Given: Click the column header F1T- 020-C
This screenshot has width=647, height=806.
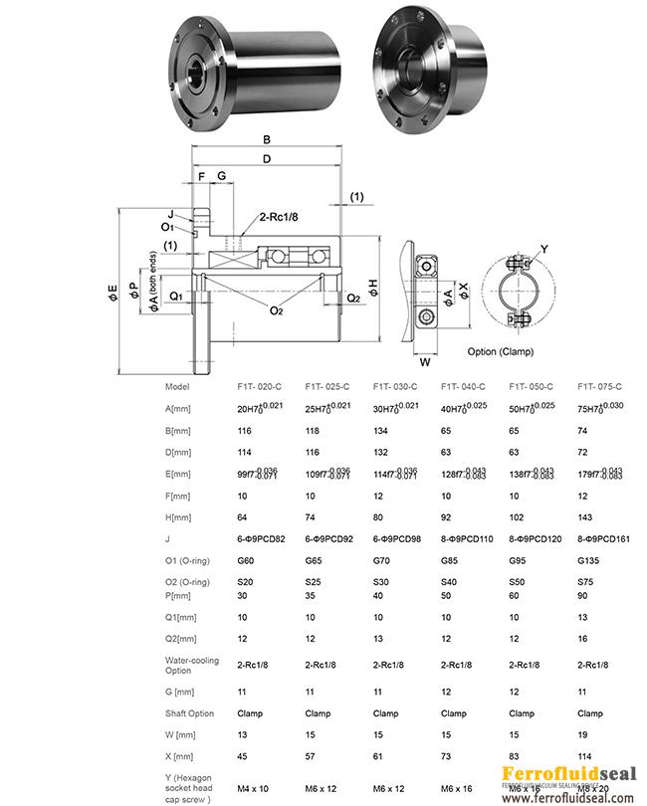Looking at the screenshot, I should [x=261, y=387].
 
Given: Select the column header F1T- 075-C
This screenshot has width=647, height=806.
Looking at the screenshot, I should [x=600, y=387].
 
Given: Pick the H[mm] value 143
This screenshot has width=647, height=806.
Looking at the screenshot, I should [x=586, y=517].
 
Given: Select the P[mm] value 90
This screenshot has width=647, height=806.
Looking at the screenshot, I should [x=583, y=594].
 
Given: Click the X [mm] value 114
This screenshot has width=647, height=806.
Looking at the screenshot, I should [x=585, y=756].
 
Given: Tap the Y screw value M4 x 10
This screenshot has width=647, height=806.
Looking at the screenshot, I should [x=254, y=788].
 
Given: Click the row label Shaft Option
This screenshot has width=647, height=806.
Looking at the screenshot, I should [x=189, y=712].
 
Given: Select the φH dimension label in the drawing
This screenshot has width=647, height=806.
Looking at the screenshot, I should [x=371, y=287].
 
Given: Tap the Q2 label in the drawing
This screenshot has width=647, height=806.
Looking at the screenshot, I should [x=353, y=298].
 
